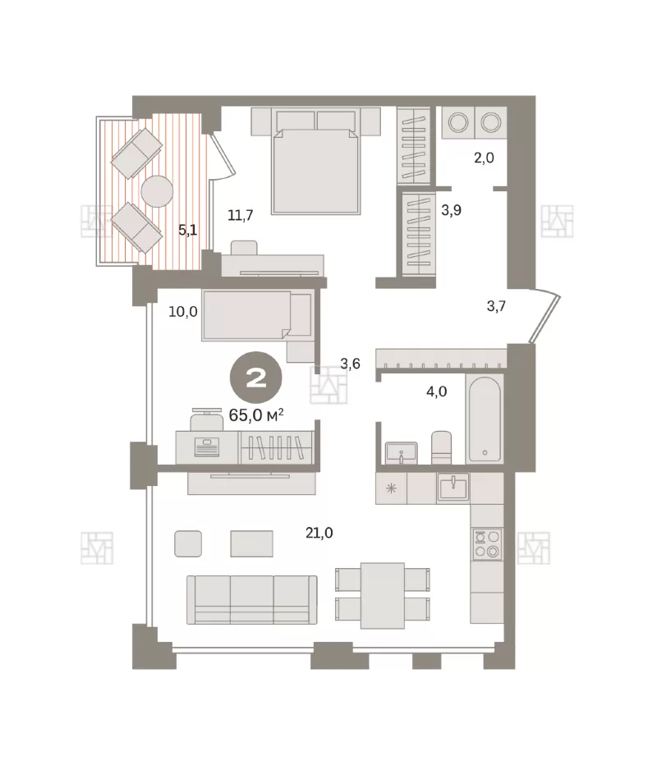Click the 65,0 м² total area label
click(x=256, y=415)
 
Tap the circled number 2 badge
click(x=255, y=378)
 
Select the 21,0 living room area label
click(x=319, y=533)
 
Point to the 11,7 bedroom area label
click(x=240, y=215)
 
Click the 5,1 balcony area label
click(x=188, y=230)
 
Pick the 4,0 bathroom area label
click(x=436, y=392)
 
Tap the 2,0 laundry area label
click(x=484, y=158)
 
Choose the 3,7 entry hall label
click(x=496, y=306)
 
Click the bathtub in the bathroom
click(x=484, y=418)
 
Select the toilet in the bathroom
click(x=442, y=447)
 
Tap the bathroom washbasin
click(x=402, y=453)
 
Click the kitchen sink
click(x=453, y=488)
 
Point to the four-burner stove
click(x=487, y=543)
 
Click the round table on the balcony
click(x=157, y=191)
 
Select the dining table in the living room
click(x=383, y=596)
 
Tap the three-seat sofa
click(x=252, y=600)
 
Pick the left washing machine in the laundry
click(x=458, y=122)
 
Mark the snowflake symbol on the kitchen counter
click(x=391, y=488)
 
